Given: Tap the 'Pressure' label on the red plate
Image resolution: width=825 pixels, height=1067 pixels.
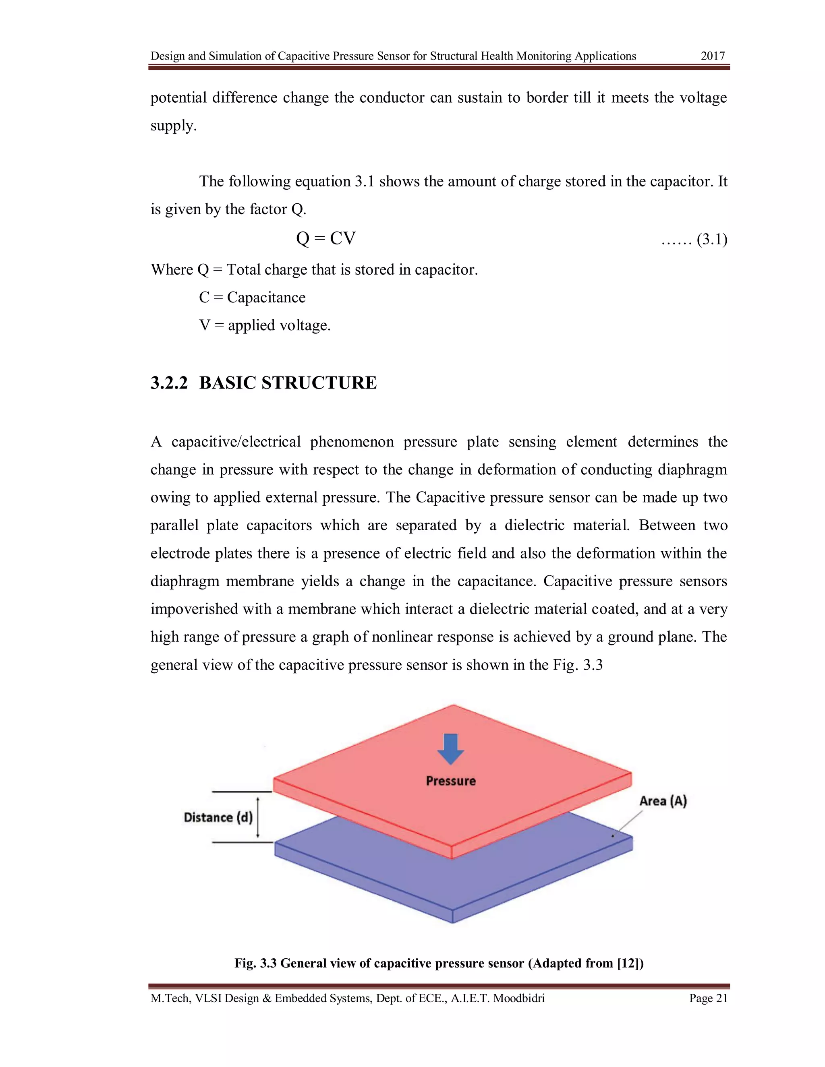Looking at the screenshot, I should point(451,781).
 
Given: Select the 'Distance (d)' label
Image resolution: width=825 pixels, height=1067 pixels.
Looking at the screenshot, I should point(218,817).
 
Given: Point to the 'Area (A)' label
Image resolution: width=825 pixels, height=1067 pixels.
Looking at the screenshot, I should point(663,801).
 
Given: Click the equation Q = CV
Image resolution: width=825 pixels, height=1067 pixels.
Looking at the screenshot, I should point(325,238).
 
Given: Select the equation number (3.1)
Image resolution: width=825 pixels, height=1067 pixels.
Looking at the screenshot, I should point(712,240).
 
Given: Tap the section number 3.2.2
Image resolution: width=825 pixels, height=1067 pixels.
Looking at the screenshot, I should point(169,383).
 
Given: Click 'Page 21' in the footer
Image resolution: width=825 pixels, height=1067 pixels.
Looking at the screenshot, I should point(708,998).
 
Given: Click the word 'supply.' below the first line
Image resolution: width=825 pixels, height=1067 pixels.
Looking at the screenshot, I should point(174,126).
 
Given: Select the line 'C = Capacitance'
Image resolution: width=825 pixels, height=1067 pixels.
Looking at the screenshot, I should point(252,298).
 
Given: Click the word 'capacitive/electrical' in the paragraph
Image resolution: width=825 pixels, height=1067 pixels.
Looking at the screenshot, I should point(236,442).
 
